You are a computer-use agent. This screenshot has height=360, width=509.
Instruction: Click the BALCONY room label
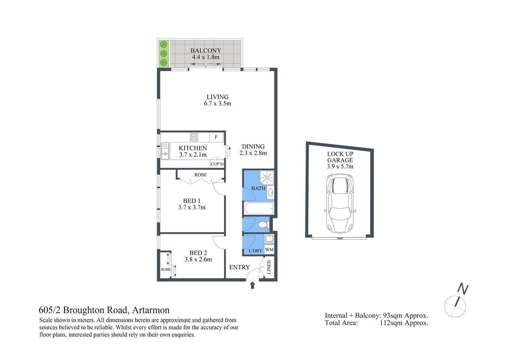coord(206,51)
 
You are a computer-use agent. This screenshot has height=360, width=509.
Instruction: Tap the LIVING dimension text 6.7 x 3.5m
coord(218,103)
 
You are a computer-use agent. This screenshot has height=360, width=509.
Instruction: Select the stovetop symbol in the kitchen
coord(194,137)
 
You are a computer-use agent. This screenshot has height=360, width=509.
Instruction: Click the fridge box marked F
coord(216,137)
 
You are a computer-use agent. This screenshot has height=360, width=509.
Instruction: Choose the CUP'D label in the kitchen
coord(217,164)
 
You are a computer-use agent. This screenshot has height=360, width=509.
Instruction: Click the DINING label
coord(253,147)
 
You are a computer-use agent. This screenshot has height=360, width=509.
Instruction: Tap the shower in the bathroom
coord(267,177)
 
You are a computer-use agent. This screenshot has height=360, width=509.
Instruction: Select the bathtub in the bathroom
coord(258,208)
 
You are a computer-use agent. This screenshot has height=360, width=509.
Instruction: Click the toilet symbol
coord(263,225)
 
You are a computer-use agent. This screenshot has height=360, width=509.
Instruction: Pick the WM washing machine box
coord(269,249)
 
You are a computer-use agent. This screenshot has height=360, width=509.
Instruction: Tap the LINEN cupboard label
coord(269,267)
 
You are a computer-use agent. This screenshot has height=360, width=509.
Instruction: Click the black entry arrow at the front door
coord(252,285)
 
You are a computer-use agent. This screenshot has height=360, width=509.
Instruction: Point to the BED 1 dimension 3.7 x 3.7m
coord(192,207)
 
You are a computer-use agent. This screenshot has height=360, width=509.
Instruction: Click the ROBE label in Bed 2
coord(166,269)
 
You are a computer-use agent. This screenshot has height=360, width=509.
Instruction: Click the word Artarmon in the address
coord(151,310)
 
